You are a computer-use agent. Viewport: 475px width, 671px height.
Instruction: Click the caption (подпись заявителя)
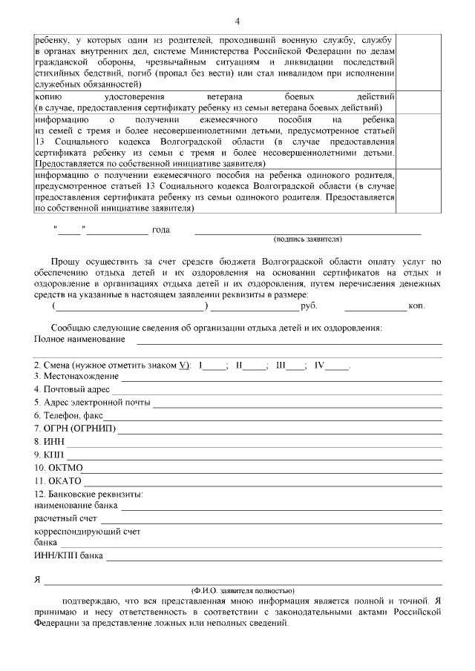point(307,239)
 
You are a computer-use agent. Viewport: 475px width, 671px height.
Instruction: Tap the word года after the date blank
point(161,230)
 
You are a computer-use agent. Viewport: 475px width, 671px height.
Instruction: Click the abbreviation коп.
point(416,306)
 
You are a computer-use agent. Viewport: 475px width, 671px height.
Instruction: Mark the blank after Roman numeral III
point(295,366)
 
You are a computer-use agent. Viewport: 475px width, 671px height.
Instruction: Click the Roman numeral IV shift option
point(320,366)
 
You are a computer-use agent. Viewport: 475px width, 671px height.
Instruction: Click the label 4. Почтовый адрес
point(72,389)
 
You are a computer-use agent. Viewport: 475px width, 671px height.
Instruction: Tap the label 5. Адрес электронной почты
point(92,403)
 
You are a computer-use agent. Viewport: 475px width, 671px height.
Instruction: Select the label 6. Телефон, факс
point(69,416)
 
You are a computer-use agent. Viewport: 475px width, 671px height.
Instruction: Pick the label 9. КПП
point(49,455)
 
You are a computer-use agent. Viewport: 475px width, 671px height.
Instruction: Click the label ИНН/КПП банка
point(69,555)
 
